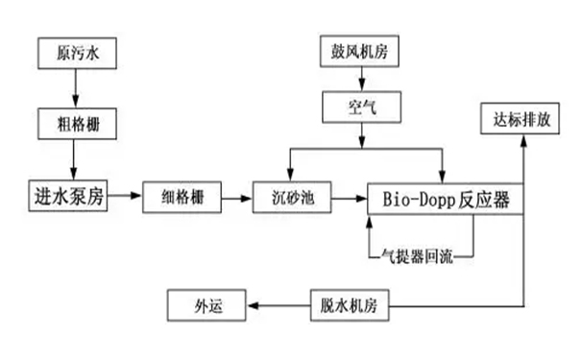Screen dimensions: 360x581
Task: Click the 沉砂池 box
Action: pyautogui.click(x=292, y=199)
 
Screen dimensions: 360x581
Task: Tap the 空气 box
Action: pyautogui.click(x=362, y=108)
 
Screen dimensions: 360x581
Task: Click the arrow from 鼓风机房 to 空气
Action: pyautogui.click(x=361, y=82)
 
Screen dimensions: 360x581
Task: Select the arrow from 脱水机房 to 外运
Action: pyautogui.click(x=278, y=306)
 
